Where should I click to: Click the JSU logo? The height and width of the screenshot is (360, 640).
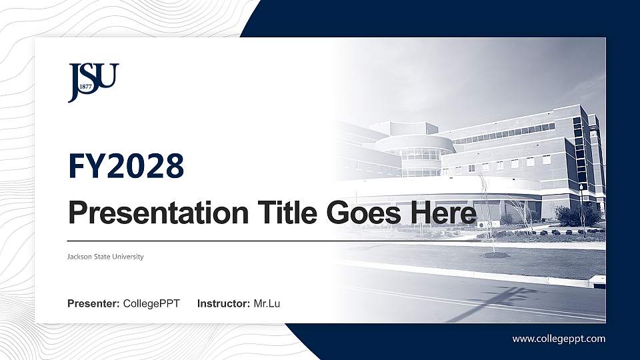(93, 82)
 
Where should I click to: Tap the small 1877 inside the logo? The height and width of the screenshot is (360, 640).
(85, 87)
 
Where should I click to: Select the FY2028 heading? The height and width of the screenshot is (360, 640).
(126, 166)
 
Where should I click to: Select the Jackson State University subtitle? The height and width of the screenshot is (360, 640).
(105, 257)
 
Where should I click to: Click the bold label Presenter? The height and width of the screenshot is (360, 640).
(93, 304)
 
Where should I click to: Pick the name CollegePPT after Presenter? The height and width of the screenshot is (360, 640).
(151, 304)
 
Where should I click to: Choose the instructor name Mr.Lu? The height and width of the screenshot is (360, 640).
(267, 304)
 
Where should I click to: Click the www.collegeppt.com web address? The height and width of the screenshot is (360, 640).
(559, 339)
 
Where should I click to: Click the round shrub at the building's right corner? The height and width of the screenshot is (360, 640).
(569, 215)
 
